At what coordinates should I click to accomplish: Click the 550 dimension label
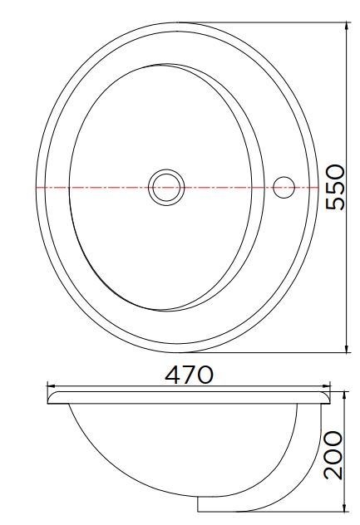click(335, 187)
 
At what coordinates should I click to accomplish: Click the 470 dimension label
click(189, 375)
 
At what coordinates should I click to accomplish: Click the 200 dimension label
click(333, 454)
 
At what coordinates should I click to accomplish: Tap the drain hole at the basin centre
click(166, 187)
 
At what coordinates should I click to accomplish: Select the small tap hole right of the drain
click(284, 187)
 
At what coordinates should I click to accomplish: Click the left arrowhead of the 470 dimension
click(51, 386)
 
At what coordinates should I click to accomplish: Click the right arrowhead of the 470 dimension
click(326, 386)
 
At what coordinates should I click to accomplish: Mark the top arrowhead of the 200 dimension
click(345, 396)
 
